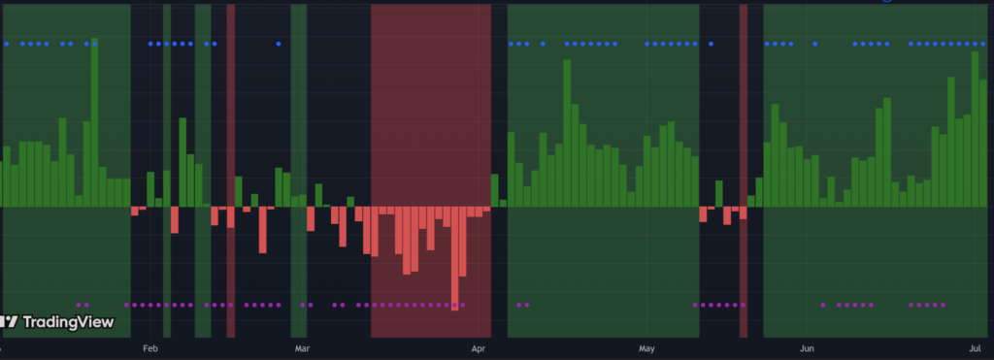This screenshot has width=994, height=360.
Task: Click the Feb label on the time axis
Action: pyautogui.click(x=150, y=348)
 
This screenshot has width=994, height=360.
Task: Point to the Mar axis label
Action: pyautogui.click(x=302, y=348)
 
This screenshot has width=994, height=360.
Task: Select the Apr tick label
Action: pyautogui.click(x=479, y=348)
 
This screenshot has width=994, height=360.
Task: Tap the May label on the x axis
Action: pyautogui.click(x=646, y=348)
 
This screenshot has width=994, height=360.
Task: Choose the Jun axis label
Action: pyautogui.click(x=807, y=348)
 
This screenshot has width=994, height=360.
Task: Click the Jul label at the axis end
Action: pyautogui.click(x=975, y=348)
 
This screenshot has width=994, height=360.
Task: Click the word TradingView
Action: pyautogui.click(x=69, y=322)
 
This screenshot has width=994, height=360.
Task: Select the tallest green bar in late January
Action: pyautogui.click(x=94, y=122)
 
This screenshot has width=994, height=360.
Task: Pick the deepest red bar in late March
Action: pyautogui.click(x=454, y=258)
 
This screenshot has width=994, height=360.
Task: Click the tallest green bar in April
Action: pyautogui.click(x=567, y=133)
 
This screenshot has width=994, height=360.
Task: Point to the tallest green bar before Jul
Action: pyautogui.click(x=975, y=129)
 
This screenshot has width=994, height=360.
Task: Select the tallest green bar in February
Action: pyautogui.click(x=182, y=162)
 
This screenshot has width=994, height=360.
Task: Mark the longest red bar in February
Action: pyautogui.click(x=262, y=230)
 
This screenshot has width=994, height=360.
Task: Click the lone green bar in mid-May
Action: pyautogui.click(x=719, y=194)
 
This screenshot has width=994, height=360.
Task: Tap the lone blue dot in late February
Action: pyautogui.click(x=279, y=44)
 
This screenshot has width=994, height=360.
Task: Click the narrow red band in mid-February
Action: pyautogui.click(x=231, y=171)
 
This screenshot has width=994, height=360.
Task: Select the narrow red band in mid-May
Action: pyautogui.click(x=743, y=171)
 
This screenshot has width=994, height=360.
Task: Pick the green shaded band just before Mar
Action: pyautogui.click(x=299, y=171)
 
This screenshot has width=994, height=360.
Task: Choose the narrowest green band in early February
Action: pyautogui.click(x=167, y=171)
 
